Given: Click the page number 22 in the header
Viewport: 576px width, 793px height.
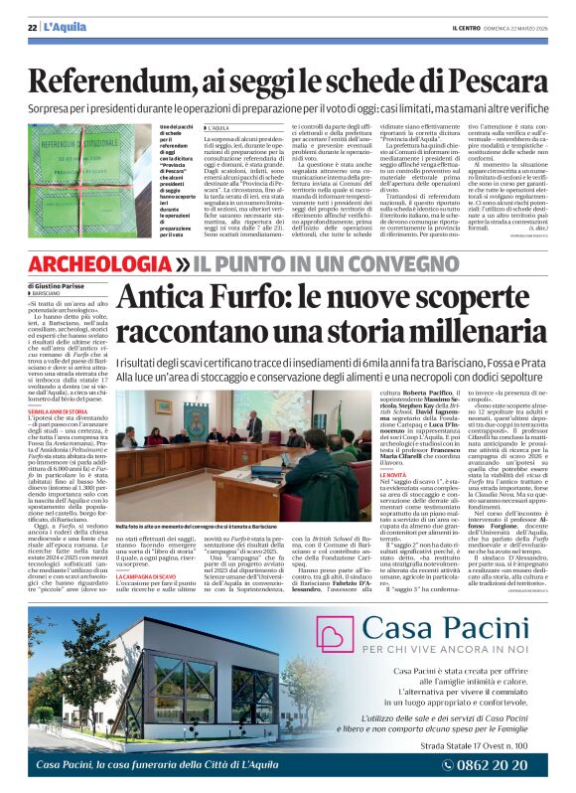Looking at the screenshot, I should coord(31,26).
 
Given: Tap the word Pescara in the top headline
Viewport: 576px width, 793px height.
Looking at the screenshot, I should coord(492,77).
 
